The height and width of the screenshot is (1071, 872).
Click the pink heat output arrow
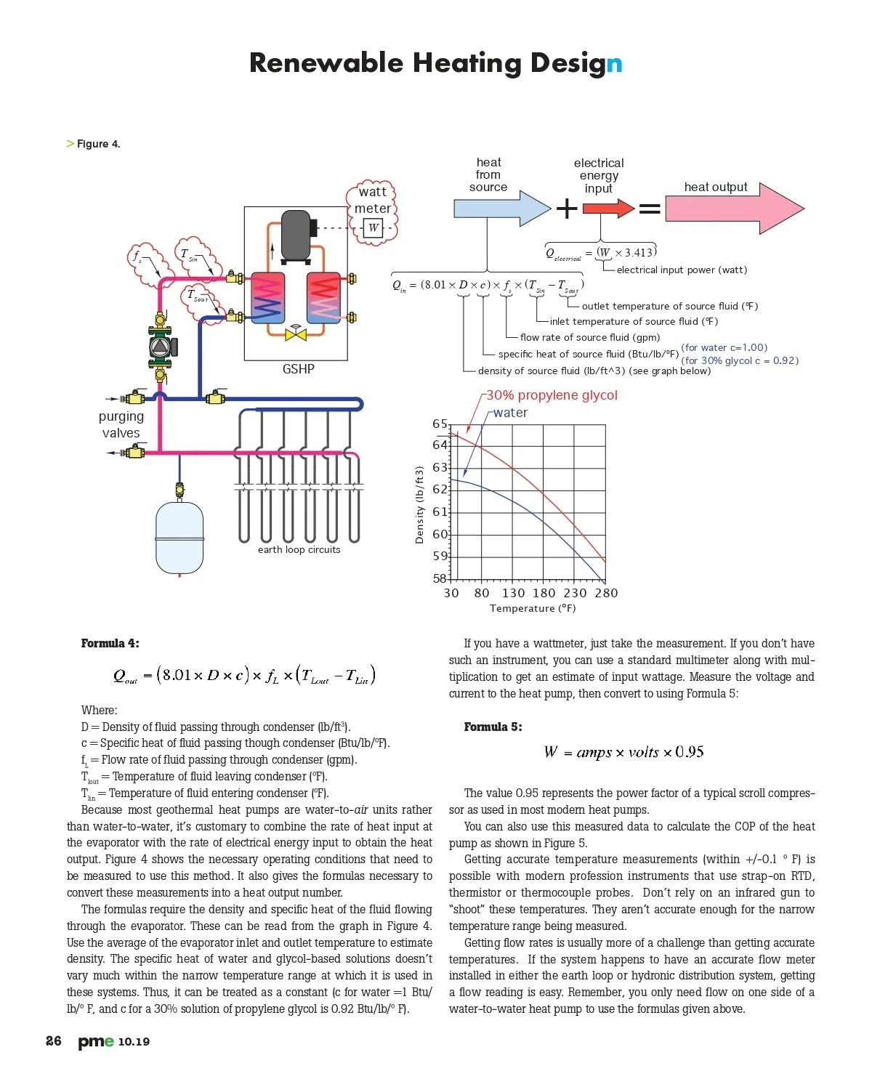[734, 208]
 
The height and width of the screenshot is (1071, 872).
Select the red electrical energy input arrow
[608, 208]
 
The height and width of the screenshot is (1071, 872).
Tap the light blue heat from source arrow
[502, 208]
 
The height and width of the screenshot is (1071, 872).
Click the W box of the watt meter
[373, 227]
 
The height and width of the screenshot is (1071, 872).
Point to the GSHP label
[298, 369]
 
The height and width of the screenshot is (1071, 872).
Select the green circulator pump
[161, 347]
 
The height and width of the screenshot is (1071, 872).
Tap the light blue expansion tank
[179, 538]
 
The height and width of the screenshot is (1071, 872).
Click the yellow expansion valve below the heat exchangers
[296, 334]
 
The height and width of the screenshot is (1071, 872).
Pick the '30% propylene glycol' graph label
[552, 395]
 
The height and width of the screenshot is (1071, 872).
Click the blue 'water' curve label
[510, 413]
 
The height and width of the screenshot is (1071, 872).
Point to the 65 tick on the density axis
[440, 424]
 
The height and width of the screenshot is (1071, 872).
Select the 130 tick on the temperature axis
[513, 593]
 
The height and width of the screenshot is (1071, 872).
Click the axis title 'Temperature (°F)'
[533, 608]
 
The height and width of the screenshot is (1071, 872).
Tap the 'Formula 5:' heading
[493, 727]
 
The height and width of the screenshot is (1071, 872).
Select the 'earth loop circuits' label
[299, 549]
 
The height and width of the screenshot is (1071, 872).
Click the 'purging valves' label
[121, 424]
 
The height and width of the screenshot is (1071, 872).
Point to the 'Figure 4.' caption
[98, 144]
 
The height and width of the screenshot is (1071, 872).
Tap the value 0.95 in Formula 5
[690, 752]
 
